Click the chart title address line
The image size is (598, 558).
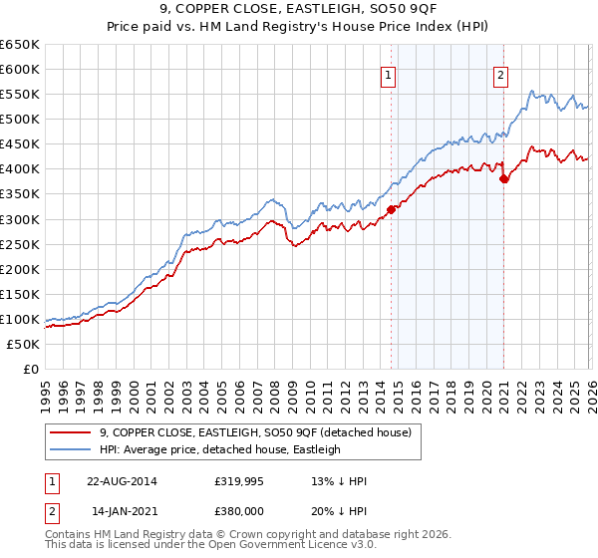click(298, 10)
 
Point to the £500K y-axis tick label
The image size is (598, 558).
click(19, 120)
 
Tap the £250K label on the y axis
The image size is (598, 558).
click(19, 244)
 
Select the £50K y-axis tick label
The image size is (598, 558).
click(23, 344)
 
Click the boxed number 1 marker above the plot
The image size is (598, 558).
click(388, 73)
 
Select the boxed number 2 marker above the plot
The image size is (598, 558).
click(500, 73)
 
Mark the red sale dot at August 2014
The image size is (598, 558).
click(391, 208)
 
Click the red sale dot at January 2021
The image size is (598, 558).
click(504, 179)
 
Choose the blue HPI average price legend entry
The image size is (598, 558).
click(220, 449)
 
